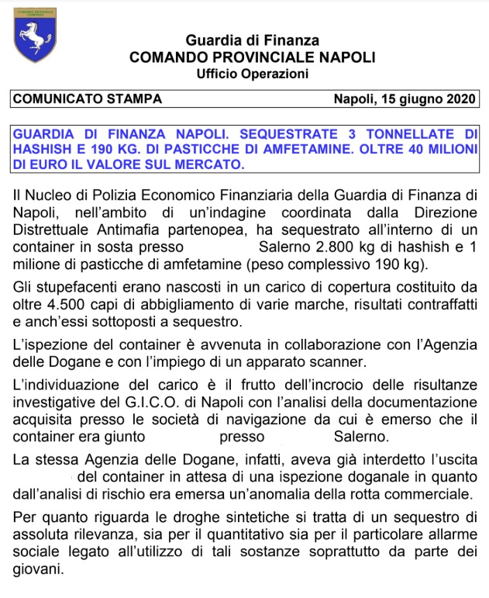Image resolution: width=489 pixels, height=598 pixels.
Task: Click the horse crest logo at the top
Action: point(34,36)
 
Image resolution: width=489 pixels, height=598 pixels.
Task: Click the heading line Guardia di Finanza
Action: point(252,40)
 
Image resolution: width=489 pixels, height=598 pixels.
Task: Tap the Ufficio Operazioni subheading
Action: point(252,74)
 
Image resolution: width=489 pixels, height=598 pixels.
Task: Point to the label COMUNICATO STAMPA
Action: point(87,99)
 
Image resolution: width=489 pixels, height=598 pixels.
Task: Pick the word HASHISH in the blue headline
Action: point(44,150)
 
